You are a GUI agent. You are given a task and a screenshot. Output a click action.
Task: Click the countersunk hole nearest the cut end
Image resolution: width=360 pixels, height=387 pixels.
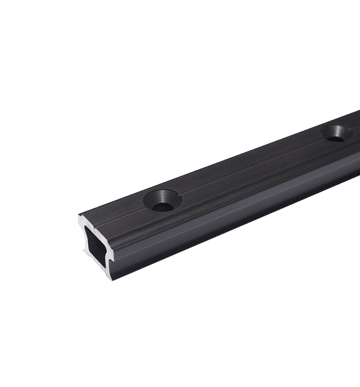[163, 201]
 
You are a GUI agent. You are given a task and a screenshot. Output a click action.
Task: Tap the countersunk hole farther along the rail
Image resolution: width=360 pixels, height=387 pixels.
[337, 134]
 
